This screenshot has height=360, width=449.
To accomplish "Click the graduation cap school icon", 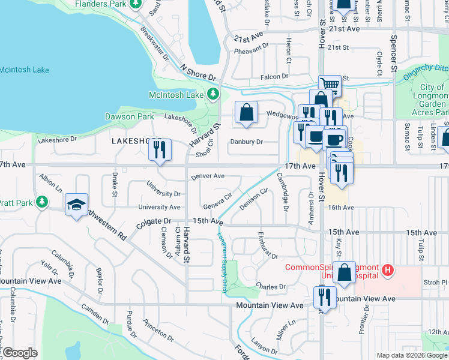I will pyautogui.click(x=76, y=205).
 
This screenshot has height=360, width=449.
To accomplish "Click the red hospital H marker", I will pyautogui.click(x=388, y=271).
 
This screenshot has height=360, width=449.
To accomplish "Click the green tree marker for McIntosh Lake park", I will pyautogui.click(x=212, y=94).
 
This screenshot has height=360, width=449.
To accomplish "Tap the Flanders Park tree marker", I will pyautogui.click(x=136, y=4).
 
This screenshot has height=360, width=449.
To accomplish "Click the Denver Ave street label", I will pyautogui.click(x=208, y=176).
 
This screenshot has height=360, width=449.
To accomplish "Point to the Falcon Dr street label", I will pyautogui.click(x=274, y=77).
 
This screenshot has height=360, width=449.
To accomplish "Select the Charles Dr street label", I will pyautogui.click(x=271, y=287).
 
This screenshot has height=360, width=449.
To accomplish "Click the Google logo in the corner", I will pyautogui.click(x=19, y=353).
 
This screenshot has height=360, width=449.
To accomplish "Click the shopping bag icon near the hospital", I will pyautogui.click(x=345, y=272).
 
